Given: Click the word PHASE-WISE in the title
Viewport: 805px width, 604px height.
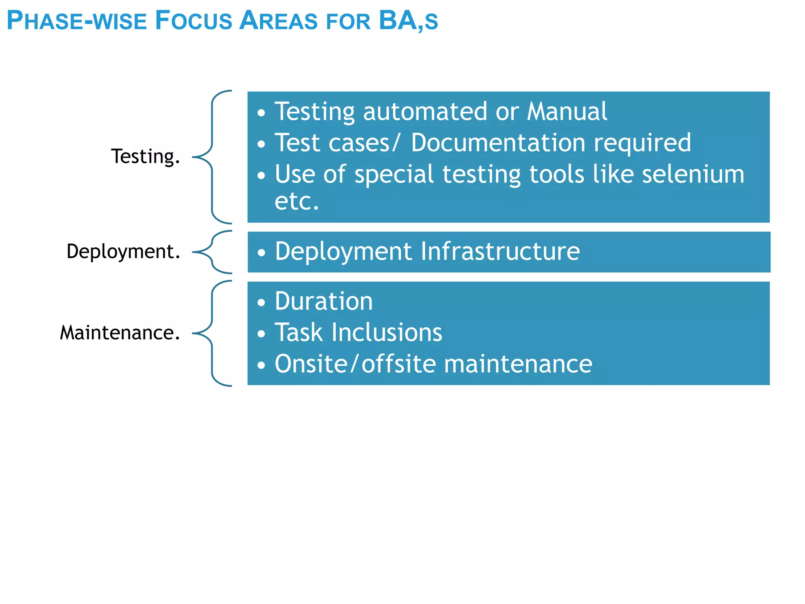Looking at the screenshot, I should tap(77, 20).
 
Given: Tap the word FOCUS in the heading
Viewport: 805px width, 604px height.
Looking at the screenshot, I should tap(193, 20).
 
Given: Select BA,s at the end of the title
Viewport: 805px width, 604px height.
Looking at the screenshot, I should tap(408, 20).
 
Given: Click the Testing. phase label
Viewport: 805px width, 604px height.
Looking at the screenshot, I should tap(145, 157).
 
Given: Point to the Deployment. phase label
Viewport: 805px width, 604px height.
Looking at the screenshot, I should tap(123, 251).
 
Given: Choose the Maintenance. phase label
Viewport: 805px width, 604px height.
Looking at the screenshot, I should tap(120, 333).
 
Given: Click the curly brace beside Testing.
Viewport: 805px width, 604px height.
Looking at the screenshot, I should tap(213, 157).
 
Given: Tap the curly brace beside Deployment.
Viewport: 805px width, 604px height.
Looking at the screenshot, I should tap(213, 252).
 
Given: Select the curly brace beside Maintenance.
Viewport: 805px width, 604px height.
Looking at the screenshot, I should tap(213, 333).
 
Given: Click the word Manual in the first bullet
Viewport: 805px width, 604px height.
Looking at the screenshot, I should tap(567, 111).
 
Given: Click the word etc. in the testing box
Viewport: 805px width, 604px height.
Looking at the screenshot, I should tap(296, 201).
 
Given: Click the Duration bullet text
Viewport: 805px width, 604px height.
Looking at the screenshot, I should tap(323, 301).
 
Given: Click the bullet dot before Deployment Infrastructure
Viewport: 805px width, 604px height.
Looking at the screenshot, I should tap(261, 253).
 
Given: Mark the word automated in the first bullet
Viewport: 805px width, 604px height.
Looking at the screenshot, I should tap(425, 111).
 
